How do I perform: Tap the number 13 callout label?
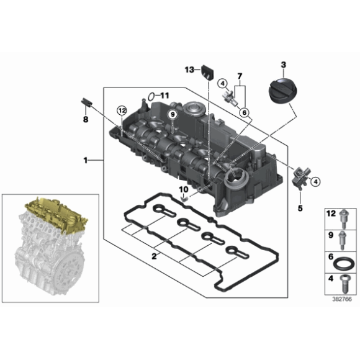pyautogui.click(x=190, y=70)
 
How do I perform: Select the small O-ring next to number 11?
pyautogui.click(x=151, y=97)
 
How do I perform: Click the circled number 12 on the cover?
pyautogui.click(x=122, y=111)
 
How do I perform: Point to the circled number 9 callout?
pyautogui.click(x=173, y=114)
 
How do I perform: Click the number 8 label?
pyautogui.click(x=86, y=119)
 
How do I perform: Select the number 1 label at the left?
pyautogui.click(x=86, y=160)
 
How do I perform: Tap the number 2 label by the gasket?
pyautogui.click(x=154, y=256)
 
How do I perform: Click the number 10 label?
pyautogui.click(x=184, y=189)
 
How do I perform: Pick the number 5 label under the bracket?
pyautogui.click(x=300, y=208)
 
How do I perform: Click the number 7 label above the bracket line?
pyautogui.click(x=240, y=76)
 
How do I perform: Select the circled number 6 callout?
pyautogui.click(x=245, y=112)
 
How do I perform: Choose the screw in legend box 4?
pyautogui.click(x=344, y=284)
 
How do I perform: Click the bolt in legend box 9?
pyautogui.click(x=342, y=240)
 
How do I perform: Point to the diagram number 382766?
pyautogui.click(x=342, y=299)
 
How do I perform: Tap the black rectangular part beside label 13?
pyautogui.click(x=207, y=73)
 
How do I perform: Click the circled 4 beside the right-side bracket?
pyautogui.click(x=316, y=182)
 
